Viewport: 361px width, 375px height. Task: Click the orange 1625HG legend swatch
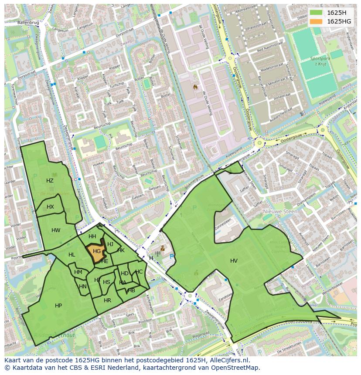tap(317, 21)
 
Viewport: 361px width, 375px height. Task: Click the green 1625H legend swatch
tap(317, 13)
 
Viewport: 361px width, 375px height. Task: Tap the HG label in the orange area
tap(97, 251)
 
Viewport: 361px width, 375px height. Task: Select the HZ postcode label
tap(50, 180)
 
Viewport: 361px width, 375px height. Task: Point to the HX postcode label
tap(50, 206)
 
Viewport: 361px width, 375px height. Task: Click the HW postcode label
tap(56, 230)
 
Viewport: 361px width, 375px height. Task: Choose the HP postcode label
tap(58, 306)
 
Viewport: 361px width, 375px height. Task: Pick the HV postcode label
tap(234, 260)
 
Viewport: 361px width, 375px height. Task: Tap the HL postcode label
tap(72, 255)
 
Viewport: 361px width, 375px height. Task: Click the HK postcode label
tap(121, 250)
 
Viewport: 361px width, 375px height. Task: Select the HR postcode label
tap(107, 301)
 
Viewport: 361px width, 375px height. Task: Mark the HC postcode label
tap(139, 272)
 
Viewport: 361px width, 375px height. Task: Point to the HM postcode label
tap(78, 272)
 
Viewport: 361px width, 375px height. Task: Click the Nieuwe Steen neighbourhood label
tap(280, 211)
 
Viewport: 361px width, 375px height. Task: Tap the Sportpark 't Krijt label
tap(320, 61)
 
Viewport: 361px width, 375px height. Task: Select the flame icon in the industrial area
tap(196, 87)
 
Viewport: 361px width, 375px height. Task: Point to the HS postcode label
tap(106, 282)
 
